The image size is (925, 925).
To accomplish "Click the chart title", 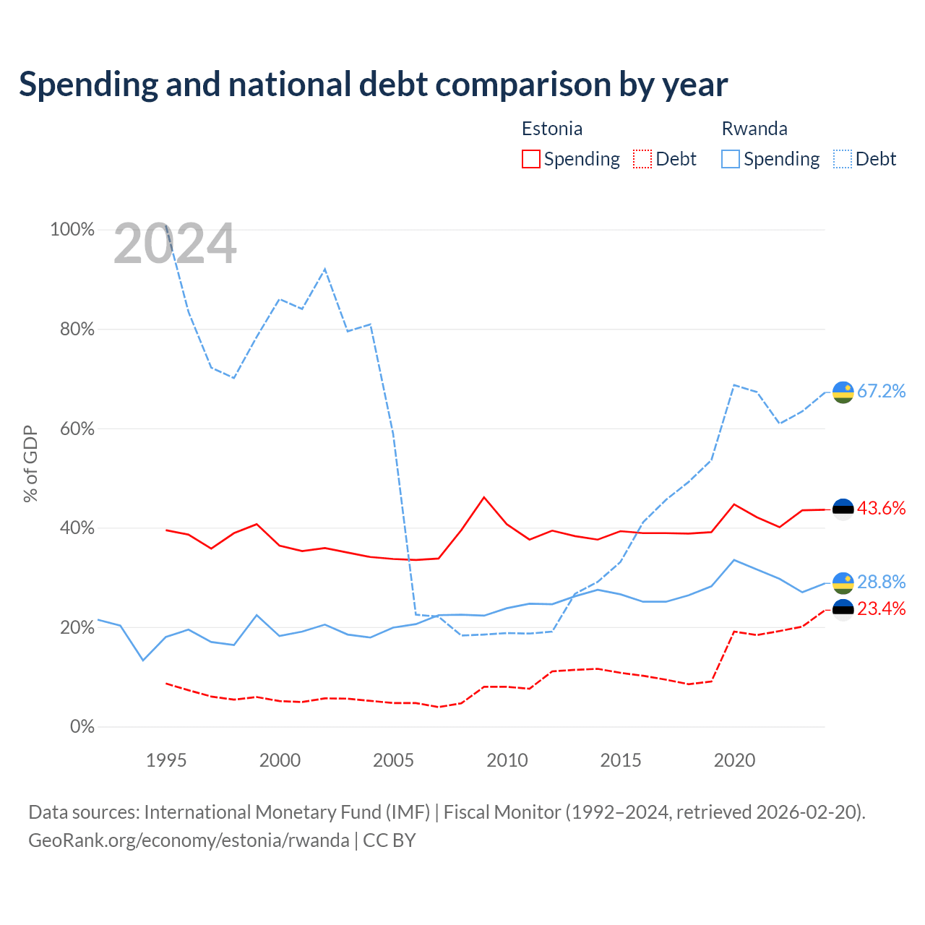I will [x=373, y=85].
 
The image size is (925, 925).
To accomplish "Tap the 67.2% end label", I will [x=881, y=392].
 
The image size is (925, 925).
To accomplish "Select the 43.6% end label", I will [x=881, y=509].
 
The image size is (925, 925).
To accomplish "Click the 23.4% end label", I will [x=881, y=609].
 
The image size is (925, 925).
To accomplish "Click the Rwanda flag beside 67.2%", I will [x=843, y=392].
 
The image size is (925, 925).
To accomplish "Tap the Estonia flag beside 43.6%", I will [x=843, y=509].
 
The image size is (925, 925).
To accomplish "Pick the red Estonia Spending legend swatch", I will [x=530, y=159].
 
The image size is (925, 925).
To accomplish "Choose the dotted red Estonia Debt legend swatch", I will [x=642, y=159].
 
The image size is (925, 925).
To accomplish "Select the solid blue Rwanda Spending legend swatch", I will [x=731, y=159].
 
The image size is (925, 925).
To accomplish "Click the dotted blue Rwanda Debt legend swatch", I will [x=842, y=159].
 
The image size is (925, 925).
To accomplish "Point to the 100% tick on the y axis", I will [x=72, y=230].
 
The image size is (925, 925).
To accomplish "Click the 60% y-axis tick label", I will [x=77, y=429].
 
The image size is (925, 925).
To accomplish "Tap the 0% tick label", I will [x=82, y=727].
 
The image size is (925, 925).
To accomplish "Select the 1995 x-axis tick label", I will [x=166, y=760].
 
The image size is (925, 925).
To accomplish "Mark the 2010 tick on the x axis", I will [x=507, y=760].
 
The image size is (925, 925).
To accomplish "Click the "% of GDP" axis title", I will [x=30, y=463].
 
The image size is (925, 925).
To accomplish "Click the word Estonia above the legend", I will [x=552, y=129].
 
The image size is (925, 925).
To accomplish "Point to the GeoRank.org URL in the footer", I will [x=189, y=840].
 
